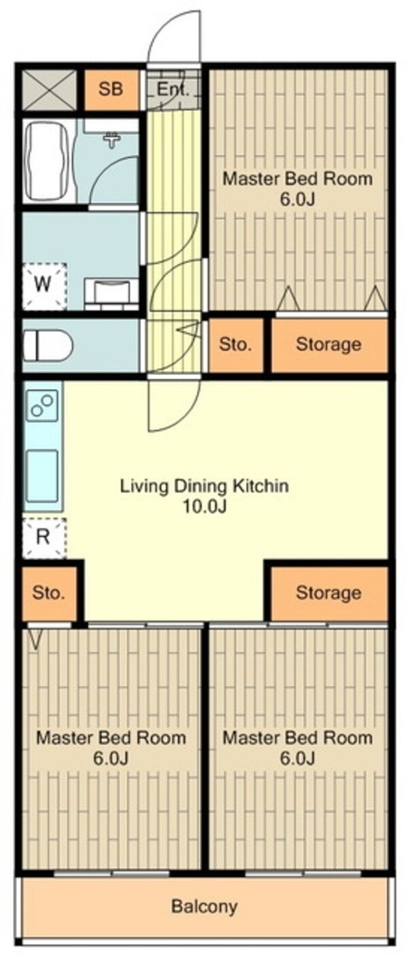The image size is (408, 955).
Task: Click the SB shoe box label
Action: click(x=111, y=89)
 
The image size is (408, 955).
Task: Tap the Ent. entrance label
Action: click(x=173, y=89)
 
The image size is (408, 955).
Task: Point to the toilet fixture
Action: click(x=48, y=344)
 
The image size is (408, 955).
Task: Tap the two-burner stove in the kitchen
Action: click(x=43, y=406)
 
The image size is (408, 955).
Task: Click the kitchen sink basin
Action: click(x=42, y=476)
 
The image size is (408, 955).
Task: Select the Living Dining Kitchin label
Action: click(x=204, y=486)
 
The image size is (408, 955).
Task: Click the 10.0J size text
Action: click(x=204, y=507)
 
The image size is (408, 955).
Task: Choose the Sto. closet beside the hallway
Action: click(x=235, y=344)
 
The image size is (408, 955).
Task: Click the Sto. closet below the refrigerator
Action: click(x=49, y=593)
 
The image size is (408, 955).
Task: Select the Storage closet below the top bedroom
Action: click(x=330, y=344)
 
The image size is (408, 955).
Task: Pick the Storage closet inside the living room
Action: click(x=329, y=593)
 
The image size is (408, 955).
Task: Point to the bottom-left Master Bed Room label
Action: click(x=111, y=738)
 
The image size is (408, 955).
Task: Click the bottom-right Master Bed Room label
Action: click(x=297, y=738)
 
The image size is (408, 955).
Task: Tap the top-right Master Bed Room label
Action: click(x=297, y=178)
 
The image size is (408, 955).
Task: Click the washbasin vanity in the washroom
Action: click(x=112, y=293)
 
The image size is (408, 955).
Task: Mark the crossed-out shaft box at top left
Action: click(x=49, y=90)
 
